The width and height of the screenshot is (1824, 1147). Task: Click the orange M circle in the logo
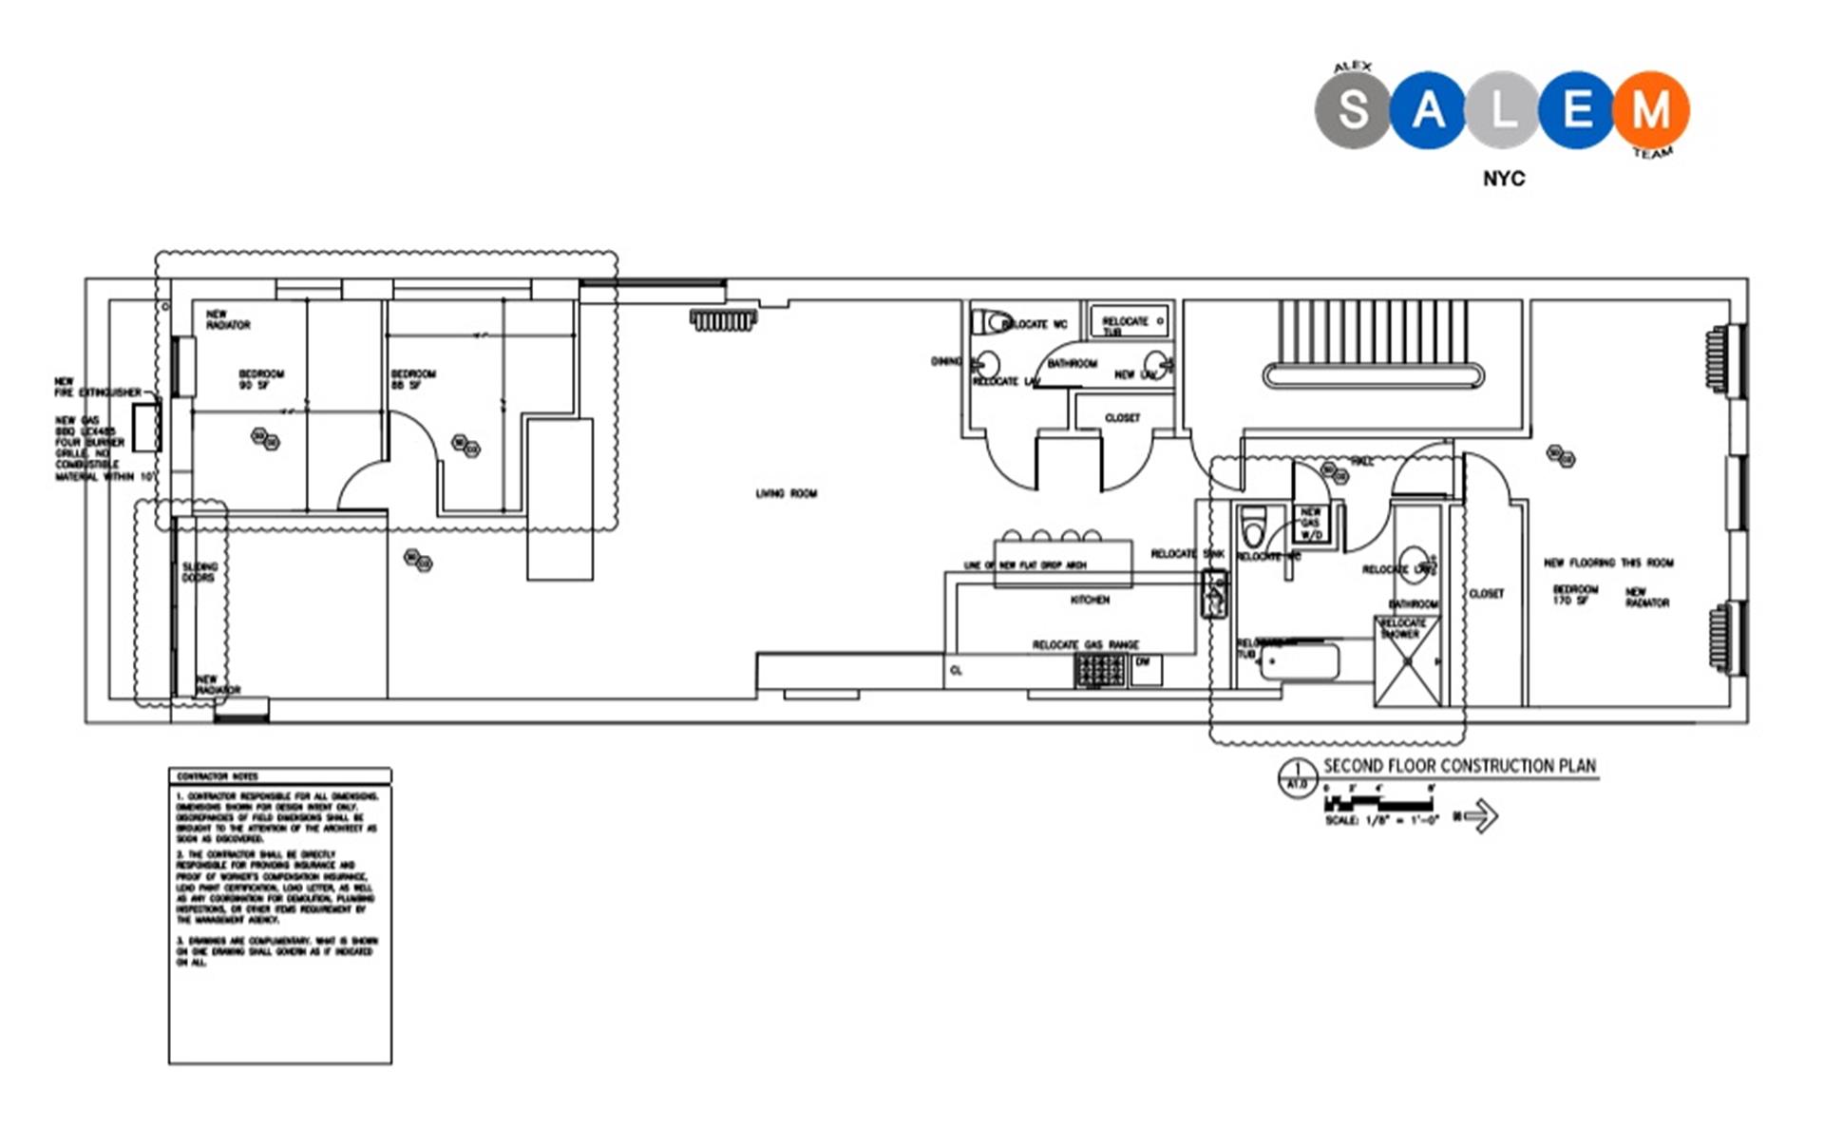pos(1651,109)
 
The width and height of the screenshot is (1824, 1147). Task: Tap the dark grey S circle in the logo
pos(1353,109)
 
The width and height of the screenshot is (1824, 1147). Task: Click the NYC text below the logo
pos(1504,179)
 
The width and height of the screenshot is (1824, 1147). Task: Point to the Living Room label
pos(786,493)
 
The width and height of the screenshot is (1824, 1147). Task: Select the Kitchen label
pos(1090,600)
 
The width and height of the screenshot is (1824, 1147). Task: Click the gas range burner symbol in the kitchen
pos(1100,670)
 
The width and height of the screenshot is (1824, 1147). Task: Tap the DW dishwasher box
pos(1145,668)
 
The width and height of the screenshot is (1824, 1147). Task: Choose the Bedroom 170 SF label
pos(1575,595)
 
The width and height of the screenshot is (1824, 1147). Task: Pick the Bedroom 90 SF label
pos(260,379)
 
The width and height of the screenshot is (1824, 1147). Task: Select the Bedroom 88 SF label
pos(413,379)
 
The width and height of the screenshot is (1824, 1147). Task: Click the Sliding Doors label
pos(199,572)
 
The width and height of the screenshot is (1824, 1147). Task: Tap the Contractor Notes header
pos(218,776)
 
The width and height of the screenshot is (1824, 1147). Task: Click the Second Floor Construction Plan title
pos(1459,766)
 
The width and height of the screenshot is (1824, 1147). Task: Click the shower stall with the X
pos(1407,662)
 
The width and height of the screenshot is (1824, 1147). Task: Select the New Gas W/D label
pos(1311,524)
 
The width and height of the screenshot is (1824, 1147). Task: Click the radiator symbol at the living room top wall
pos(723,320)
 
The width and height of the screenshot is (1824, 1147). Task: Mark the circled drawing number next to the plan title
pos(1298,778)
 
